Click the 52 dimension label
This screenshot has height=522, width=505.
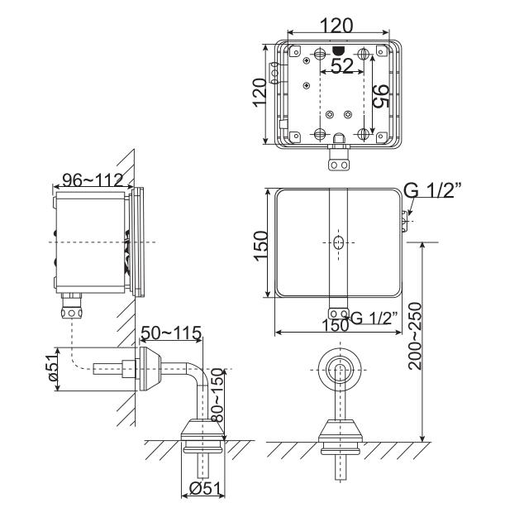pos(342,65)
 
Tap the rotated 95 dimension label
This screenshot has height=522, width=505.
pos(381,96)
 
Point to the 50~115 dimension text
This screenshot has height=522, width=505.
pos(171,333)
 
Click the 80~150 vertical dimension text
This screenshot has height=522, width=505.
pos(218,395)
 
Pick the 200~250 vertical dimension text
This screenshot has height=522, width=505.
pos(415,336)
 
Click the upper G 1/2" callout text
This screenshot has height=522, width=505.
pos(432,191)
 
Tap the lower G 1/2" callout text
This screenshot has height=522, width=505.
pos(374,318)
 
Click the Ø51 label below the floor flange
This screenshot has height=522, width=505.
pos(205,489)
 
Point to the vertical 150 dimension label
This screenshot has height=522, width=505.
pos(260,246)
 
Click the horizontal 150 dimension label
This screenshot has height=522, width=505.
pos(335,325)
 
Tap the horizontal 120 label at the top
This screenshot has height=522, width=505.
pos(336,26)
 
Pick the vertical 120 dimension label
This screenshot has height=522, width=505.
pos(260,93)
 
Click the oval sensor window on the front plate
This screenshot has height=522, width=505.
pos(339,242)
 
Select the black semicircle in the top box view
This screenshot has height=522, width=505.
pos(338,50)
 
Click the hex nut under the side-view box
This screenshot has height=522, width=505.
pos(71,313)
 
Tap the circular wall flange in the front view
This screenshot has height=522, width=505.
pos(340,370)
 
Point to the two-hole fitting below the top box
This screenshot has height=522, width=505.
pos(339,165)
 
